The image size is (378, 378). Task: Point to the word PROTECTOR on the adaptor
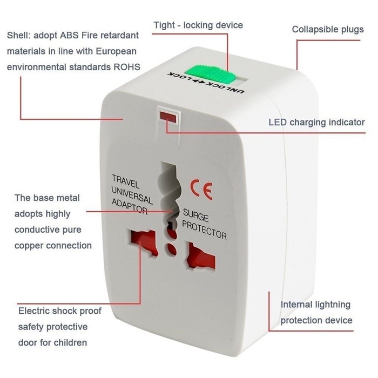pos(205,232)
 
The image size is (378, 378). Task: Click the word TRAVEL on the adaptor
pos(125,179)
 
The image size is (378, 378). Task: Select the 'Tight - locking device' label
pos(198,25)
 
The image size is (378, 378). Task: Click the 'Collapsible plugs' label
pos(328,29)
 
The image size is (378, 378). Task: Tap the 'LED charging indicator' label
pos(316,122)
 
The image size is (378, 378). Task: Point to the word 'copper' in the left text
pos(31,245)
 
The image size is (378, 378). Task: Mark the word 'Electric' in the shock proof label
pos(36,312)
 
